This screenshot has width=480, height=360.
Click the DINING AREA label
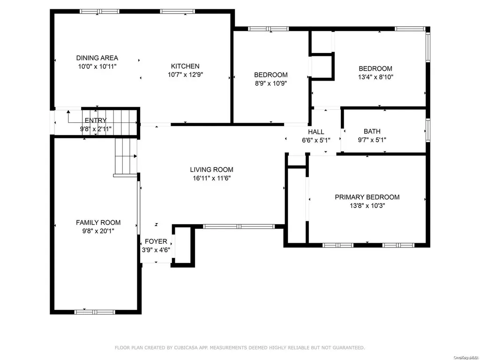point(97,58)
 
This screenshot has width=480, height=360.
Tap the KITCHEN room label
point(185,66)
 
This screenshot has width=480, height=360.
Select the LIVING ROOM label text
point(211,170)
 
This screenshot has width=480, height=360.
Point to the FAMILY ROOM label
point(98,223)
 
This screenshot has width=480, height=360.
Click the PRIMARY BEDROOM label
point(367,197)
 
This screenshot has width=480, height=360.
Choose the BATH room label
point(372,131)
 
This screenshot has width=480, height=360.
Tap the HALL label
point(316,132)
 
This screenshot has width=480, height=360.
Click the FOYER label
point(156,241)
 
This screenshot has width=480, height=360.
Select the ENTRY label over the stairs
point(96,120)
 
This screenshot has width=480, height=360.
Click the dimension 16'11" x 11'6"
point(211,178)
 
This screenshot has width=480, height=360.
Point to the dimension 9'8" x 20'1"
point(98,231)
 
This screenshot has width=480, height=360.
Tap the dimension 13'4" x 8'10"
point(375,77)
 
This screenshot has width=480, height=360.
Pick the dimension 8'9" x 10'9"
point(270,83)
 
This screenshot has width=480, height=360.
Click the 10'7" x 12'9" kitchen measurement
point(185,75)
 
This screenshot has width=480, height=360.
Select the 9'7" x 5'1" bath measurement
point(372,140)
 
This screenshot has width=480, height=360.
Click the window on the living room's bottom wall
point(239,226)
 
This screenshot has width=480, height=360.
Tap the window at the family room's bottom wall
point(95,312)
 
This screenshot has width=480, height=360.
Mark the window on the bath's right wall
point(428,130)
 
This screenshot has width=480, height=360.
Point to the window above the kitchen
point(178,12)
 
